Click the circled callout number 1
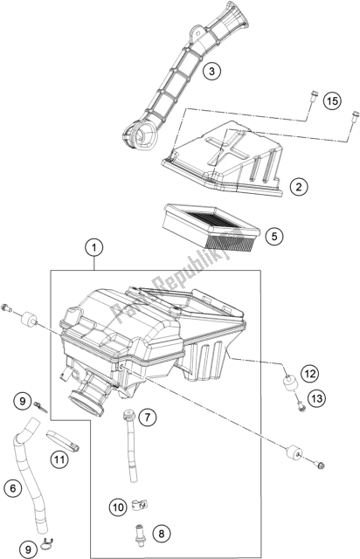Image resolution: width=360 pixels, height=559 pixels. tap(93, 247)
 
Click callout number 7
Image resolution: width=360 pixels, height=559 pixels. tap(147, 417)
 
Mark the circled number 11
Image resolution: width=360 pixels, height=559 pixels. tap(59, 459)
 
